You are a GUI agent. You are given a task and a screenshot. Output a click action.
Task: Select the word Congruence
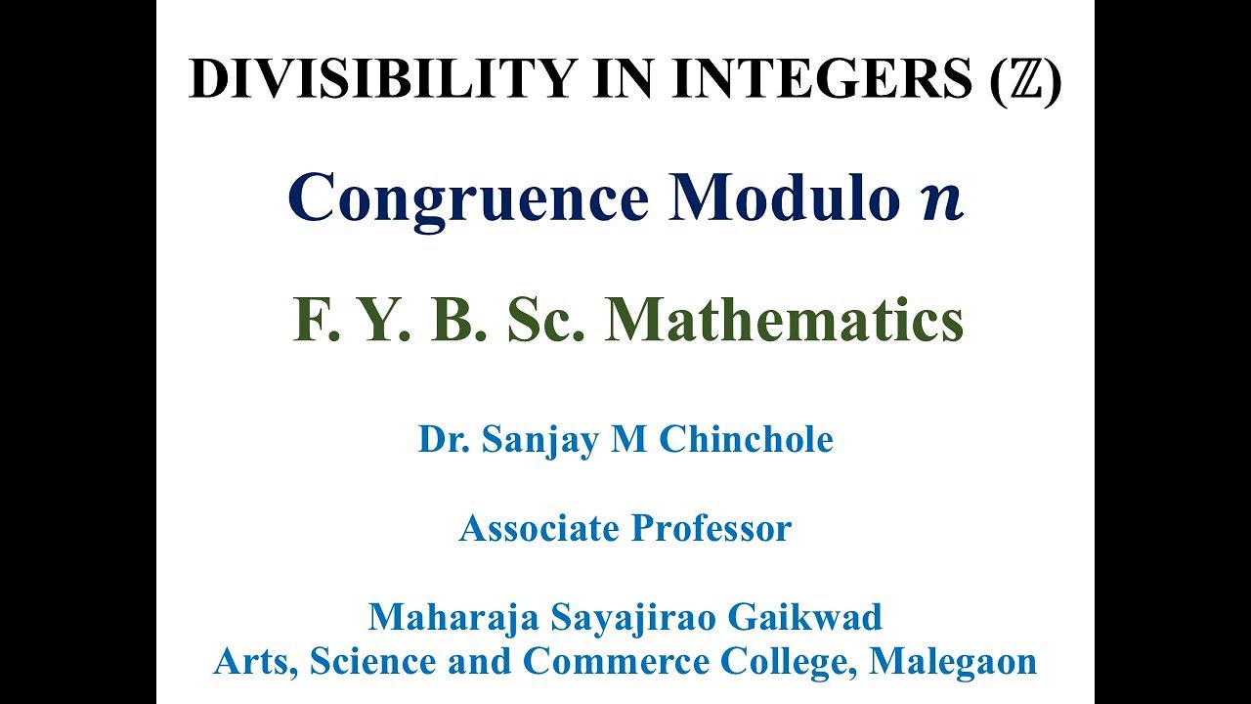point(468,198)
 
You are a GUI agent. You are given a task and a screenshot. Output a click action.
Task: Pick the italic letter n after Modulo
point(941,200)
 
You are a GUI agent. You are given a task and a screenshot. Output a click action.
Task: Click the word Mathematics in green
point(785,321)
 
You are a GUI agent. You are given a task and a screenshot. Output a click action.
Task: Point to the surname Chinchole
point(746,439)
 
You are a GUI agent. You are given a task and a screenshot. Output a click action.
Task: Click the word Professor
point(711,529)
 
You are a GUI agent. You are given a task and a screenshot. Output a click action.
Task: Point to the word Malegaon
point(953,662)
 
